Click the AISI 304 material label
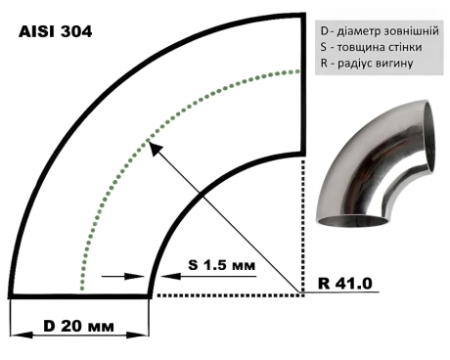(x=56, y=31)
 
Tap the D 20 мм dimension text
(x=78, y=326)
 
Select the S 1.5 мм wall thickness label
(x=221, y=265)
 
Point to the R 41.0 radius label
(x=345, y=284)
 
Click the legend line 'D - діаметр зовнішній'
(x=380, y=31)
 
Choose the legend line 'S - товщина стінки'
(x=371, y=47)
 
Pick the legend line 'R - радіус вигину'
(x=367, y=63)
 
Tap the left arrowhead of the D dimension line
(x=22, y=335)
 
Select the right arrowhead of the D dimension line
(x=138, y=335)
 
